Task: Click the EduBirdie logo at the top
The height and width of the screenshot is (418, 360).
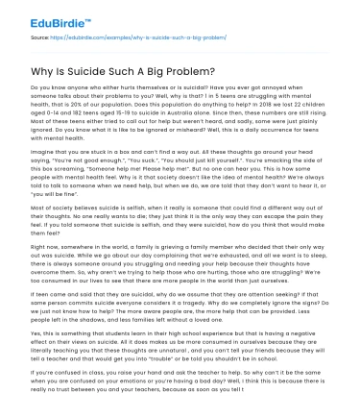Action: pyautogui.click(x=41, y=18)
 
